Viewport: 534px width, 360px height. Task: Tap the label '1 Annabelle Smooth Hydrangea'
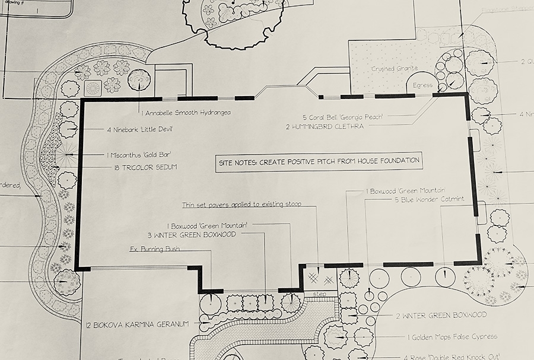coord(186,111)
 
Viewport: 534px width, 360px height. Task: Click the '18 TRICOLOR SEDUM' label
coord(145,167)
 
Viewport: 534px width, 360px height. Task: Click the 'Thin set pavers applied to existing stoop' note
coord(241,205)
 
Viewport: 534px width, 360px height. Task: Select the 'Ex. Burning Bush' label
coord(155,250)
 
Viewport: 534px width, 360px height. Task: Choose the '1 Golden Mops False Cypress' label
coord(452,337)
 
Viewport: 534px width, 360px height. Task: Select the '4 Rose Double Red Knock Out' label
coord(457,356)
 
